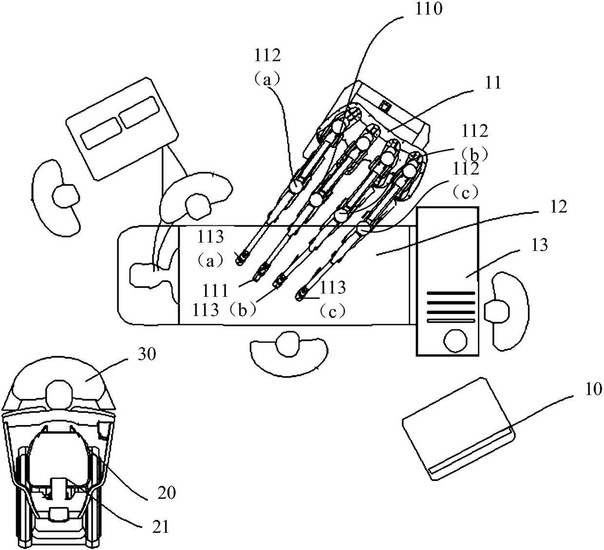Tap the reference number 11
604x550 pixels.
(493, 83)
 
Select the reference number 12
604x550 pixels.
(558, 207)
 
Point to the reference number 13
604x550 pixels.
(539, 245)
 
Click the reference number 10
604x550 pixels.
(593, 389)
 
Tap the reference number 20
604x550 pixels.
(166, 493)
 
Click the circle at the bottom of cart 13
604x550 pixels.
(455, 341)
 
